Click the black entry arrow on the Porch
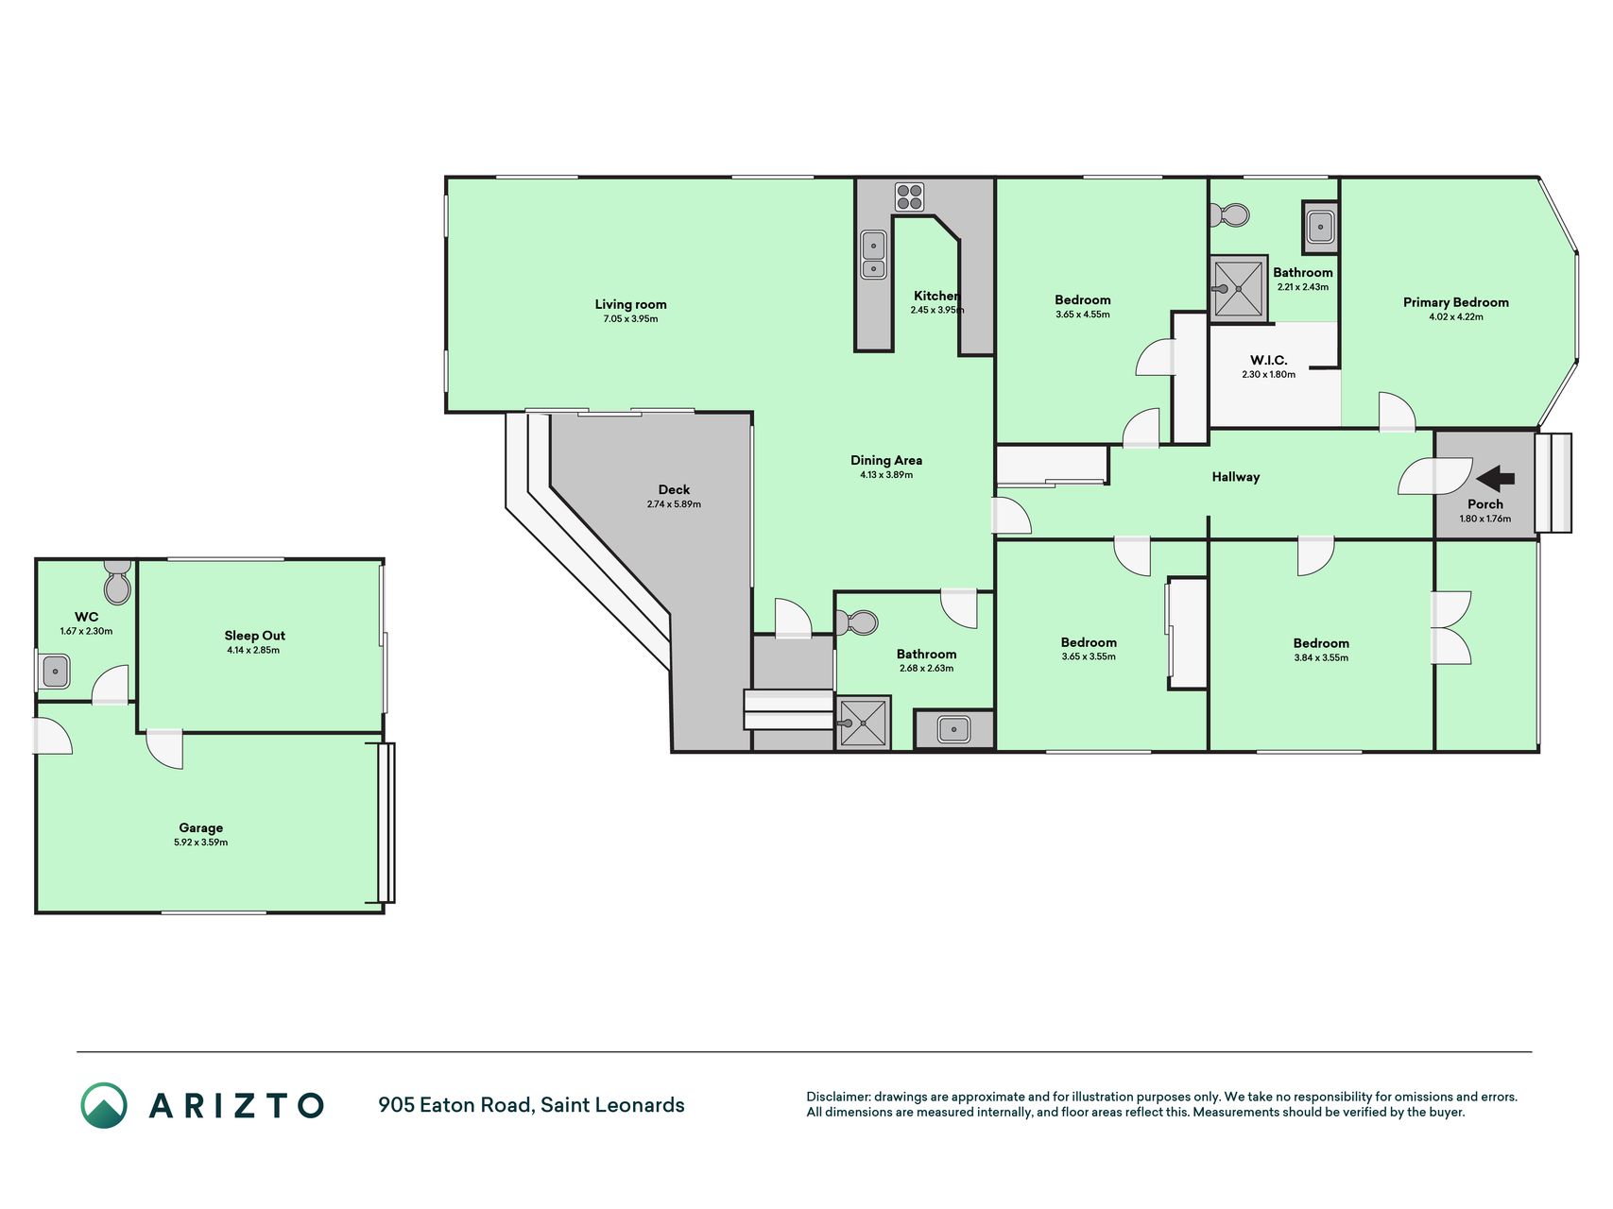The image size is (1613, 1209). (x=1495, y=478)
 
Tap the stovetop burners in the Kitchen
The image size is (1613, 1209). (x=909, y=196)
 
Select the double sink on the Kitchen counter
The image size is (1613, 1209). (x=873, y=255)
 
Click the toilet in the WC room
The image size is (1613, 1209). (x=117, y=582)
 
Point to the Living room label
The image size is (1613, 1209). (x=630, y=304)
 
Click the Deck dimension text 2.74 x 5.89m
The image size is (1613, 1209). (x=674, y=504)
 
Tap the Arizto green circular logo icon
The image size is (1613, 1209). (x=104, y=1105)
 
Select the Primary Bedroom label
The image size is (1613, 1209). (x=1455, y=302)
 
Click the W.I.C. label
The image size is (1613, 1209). (x=1268, y=360)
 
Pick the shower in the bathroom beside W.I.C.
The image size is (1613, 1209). (x=1238, y=288)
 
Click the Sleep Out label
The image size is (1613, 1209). (x=254, y=636)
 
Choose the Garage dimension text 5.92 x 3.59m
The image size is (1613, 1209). (x=200, y=843)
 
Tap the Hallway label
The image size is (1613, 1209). (x=1236, y=477)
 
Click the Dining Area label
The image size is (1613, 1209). (x=886, y=460)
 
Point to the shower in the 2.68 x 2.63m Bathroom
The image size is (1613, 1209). (x=864, y=724)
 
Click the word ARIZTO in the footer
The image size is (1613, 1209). (x=236, y=1105)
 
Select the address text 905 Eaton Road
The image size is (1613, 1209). (x=455, y=1105)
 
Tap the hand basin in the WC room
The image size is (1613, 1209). (x=56, y=672)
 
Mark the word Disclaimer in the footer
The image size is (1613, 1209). (x=837, y=1097)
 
